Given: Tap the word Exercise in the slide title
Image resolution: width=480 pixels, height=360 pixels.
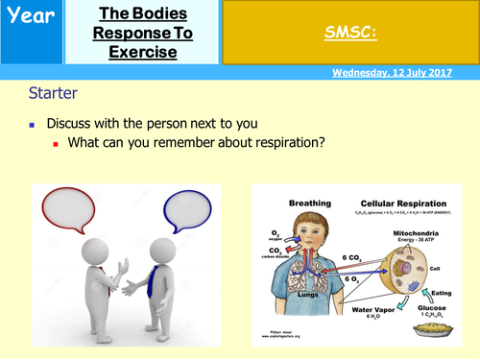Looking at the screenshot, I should [144, 51].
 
